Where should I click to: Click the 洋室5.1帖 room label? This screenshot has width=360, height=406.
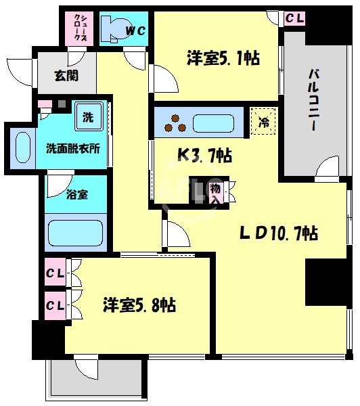tap(222, 59)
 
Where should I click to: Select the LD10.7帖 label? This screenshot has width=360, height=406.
tap(279, 233)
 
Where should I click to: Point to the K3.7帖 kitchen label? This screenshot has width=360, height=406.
tap(205, 156)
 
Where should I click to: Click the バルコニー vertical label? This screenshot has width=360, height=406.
tap(315, 99)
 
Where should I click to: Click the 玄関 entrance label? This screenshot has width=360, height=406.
tap(66, 75)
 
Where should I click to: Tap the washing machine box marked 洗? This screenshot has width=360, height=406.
tap(87, 117)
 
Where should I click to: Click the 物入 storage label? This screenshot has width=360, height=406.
tap(216, 192)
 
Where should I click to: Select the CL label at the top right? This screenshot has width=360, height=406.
tap(294, 18)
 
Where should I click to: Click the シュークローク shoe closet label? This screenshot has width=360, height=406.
tap(80, 28)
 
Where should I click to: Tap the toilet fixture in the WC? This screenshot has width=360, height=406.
tap(112, 27)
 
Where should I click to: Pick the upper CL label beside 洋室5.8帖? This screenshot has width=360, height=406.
tap(55, 274)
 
